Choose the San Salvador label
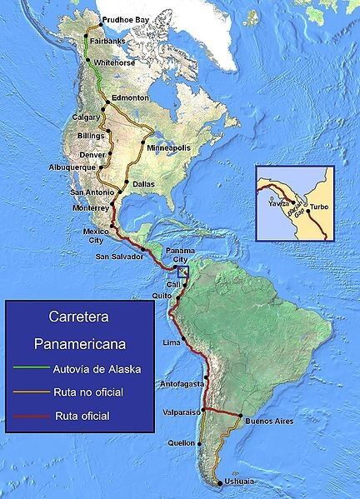click(117, 257)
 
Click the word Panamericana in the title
click(80, 342)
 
